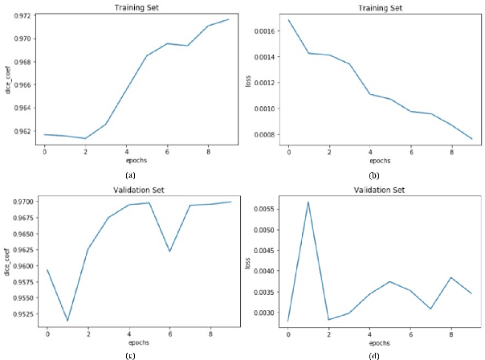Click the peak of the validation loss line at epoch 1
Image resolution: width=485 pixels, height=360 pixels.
click(x=308, y=202)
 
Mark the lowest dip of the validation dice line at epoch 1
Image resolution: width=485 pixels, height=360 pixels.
click(x=67, y=321)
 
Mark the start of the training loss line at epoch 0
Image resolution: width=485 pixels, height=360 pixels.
click(x=287, y=19)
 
